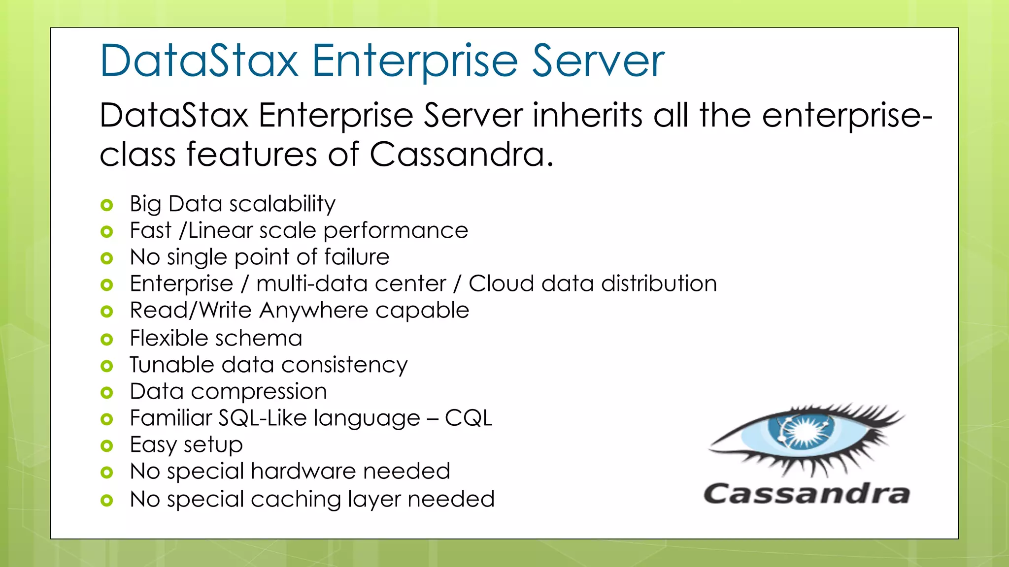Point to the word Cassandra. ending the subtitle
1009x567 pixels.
tap(461, 155)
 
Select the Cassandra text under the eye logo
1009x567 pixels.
tap(807, 494)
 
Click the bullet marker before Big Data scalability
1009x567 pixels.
tap(106, 205)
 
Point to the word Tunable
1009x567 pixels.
tap(172, 365)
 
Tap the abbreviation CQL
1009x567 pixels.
tap(468, 418)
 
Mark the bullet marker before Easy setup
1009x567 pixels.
tap(106, 446)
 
